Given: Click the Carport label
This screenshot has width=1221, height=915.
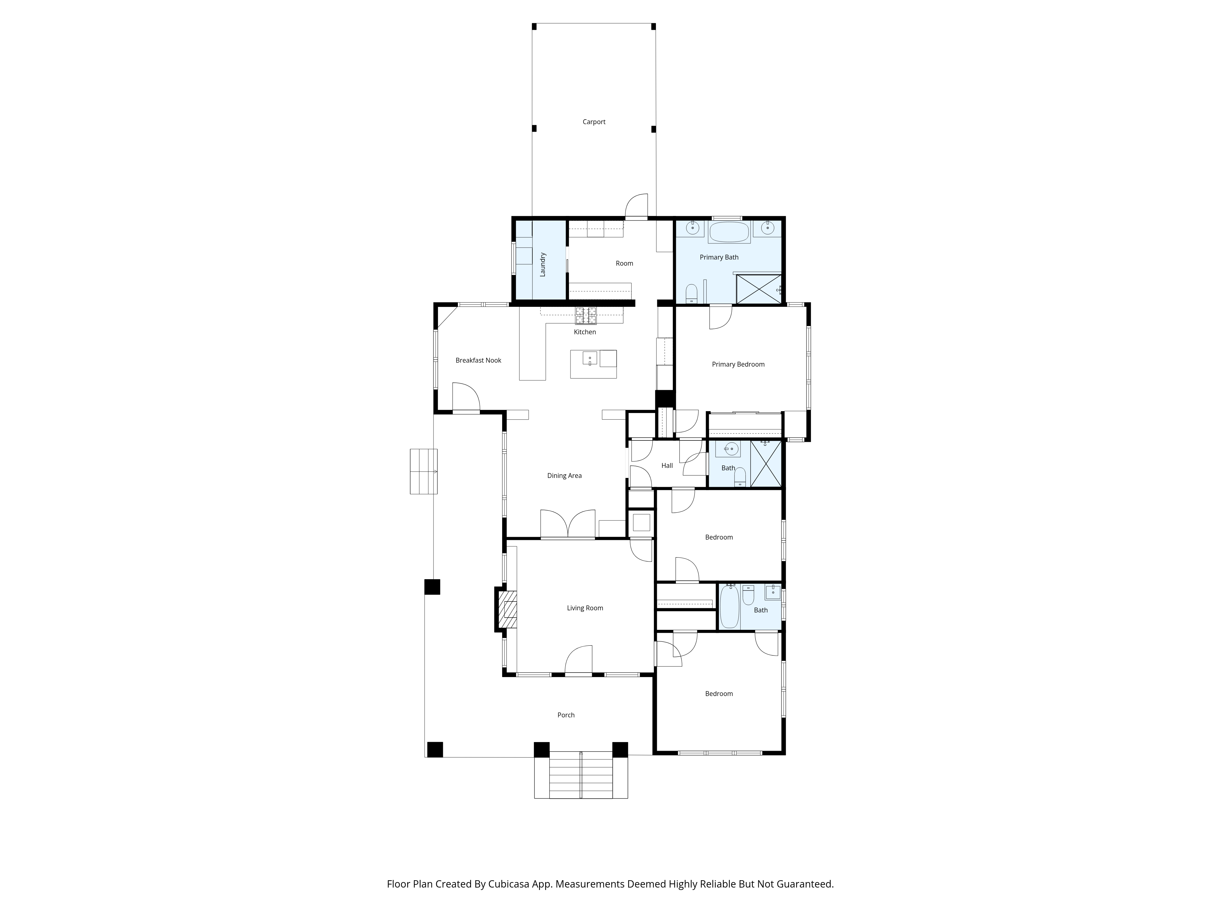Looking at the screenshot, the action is (x=594, y=122).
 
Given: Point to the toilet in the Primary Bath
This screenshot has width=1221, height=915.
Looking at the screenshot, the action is (x=691, y=293).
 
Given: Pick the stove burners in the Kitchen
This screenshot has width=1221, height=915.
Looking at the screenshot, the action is (x=586, y=315).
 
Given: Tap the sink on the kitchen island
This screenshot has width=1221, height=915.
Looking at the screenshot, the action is (x=589, y=358).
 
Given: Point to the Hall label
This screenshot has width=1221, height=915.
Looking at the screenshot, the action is (x=667, y=465).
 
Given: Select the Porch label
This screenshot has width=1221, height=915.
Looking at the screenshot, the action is (x=566, y=715).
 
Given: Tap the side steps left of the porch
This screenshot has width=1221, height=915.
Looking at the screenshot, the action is (x=423, y=472).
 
